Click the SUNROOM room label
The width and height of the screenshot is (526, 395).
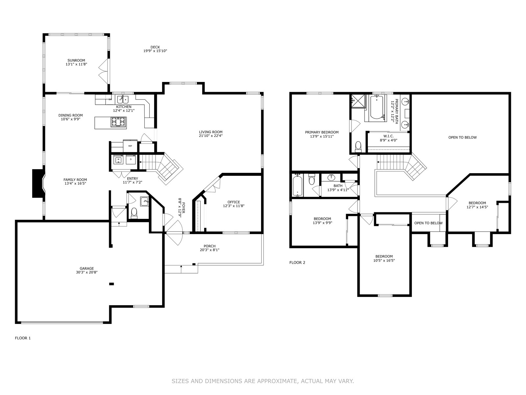(76, 61)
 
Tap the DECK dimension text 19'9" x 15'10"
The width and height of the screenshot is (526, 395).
(155, 51)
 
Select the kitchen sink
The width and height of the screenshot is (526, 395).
(123, 99)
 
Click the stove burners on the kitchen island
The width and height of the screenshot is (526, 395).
(118, 122)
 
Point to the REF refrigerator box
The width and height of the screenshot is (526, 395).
(130, 146)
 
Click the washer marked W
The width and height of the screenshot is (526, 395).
(118, 160)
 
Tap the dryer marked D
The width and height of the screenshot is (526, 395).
(131, 160)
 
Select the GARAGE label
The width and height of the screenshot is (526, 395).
(87, 268)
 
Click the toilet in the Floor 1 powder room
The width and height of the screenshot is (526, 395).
(134, 213)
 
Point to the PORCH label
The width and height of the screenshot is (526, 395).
(209, 246)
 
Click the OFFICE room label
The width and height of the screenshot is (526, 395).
(234, 202)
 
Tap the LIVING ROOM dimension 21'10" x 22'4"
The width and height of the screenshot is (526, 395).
(211, 136)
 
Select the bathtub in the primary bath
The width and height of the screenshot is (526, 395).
(377, 107)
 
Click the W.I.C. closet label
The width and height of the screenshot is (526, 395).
(389, 136)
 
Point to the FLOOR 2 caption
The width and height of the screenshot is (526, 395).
(297, 262)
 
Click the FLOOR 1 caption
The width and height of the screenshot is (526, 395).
(23, 338)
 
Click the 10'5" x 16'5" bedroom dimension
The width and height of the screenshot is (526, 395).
(384, 260)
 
